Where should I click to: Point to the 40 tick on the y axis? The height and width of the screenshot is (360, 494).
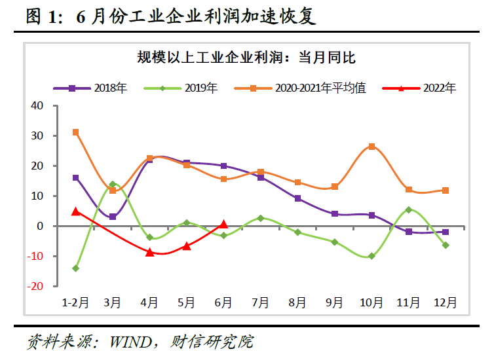(x=37, y=106)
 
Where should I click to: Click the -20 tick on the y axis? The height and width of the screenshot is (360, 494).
(x=36, y=286)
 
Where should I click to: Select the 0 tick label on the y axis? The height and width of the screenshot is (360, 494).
(x=40, y=226)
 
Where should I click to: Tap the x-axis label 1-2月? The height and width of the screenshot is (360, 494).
(x=75, y=302)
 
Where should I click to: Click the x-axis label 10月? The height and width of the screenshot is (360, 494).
(x=371, y=302)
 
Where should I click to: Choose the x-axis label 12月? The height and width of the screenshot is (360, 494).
(x=446, y=302)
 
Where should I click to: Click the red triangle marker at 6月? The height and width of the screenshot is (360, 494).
(x=223, y=224)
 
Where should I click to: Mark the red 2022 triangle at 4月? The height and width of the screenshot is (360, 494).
(x=149, y=252)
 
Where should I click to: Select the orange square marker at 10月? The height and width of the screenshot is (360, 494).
(x=371, y=147)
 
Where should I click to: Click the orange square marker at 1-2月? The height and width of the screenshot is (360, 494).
(x=75, y=132)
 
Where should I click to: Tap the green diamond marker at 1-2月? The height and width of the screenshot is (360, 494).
(x=75, y=268)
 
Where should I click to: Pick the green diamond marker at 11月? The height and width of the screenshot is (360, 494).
(x=409, y=210)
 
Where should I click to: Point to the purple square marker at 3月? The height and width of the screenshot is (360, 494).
(x=113, y=217)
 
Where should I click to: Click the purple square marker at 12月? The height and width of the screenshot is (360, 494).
(x=446, y=232)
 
